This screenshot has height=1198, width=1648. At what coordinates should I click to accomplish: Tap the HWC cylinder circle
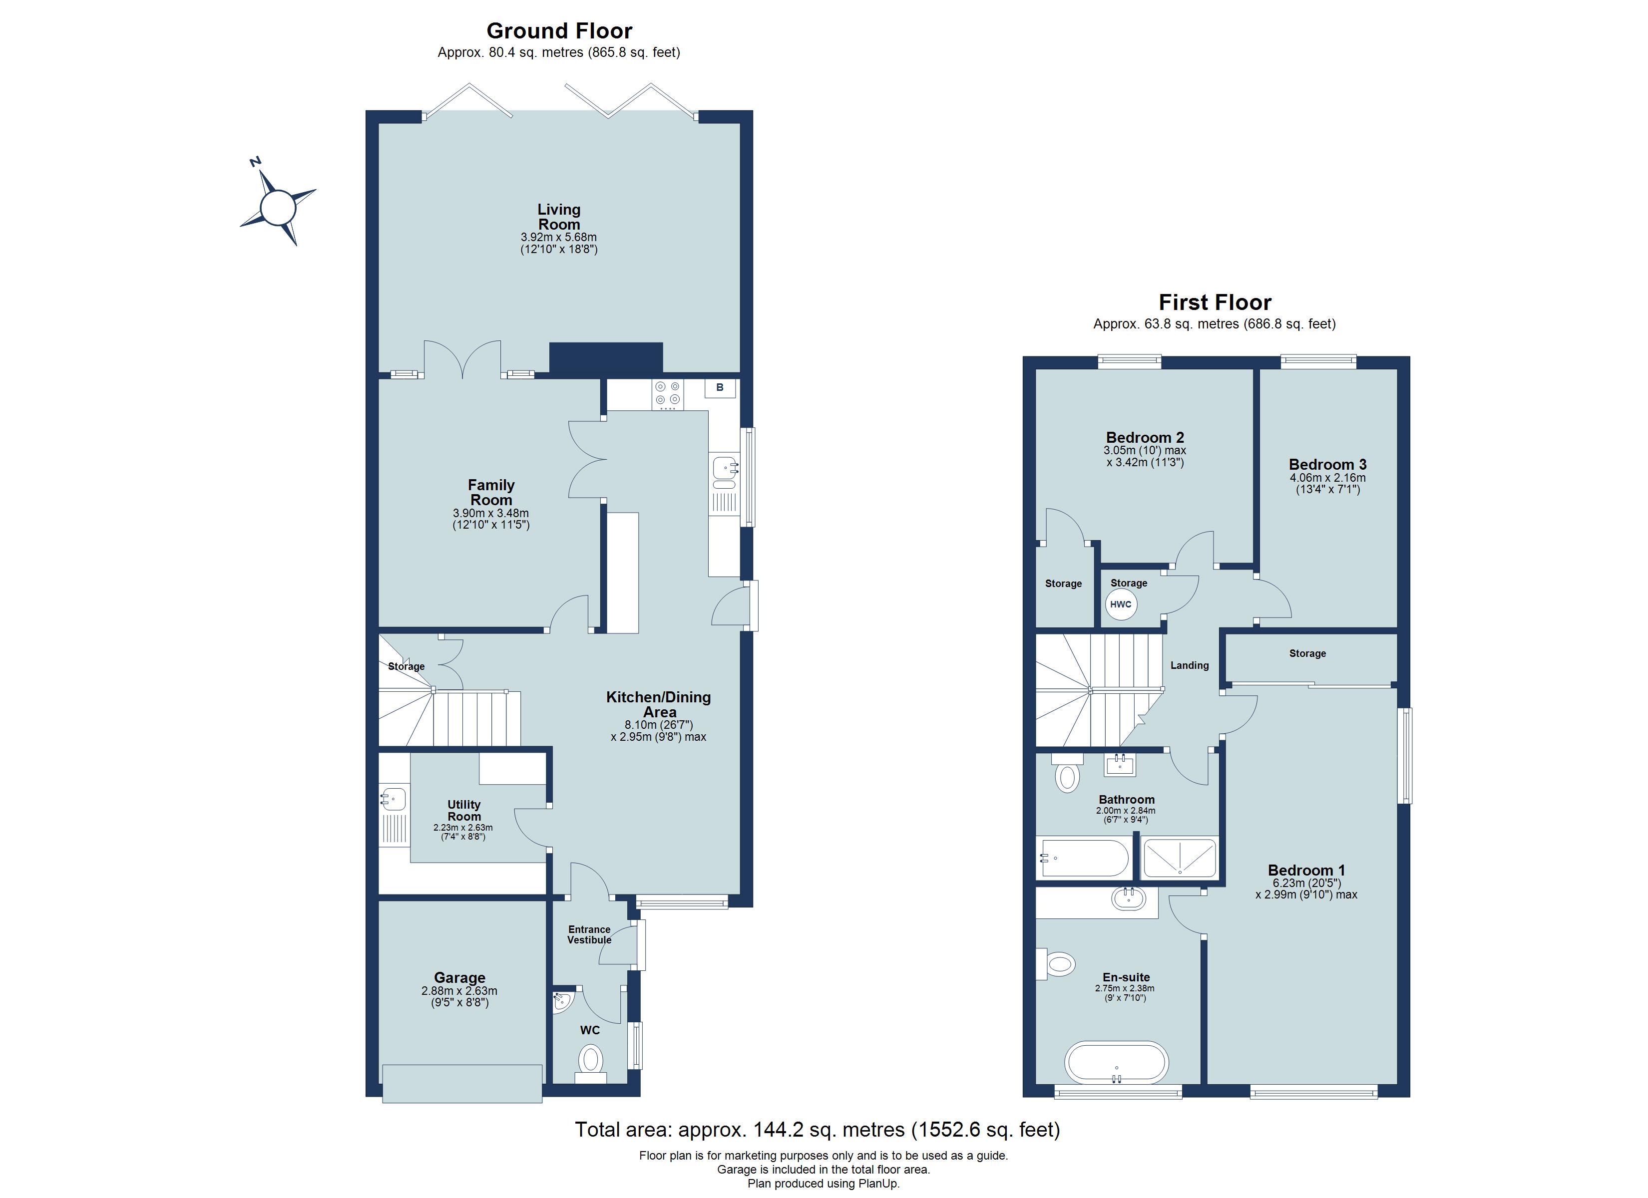coord(1121,603)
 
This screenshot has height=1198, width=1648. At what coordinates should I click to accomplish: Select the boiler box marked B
coord(719,387)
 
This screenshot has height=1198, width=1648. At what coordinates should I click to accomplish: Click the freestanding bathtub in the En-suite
coord(1116,1062)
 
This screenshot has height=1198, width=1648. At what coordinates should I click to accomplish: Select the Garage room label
coord(459,978)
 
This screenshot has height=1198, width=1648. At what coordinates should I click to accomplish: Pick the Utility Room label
coord(463,810)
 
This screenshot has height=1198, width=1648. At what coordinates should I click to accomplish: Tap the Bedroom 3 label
coord(1327,464)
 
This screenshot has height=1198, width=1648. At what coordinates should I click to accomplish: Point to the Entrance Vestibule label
coord(589,934)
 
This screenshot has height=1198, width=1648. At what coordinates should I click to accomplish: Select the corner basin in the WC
coord(562,1002)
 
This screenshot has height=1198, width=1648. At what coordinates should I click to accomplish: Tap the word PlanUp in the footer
coord(878,1184)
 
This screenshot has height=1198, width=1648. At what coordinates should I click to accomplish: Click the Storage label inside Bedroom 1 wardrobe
coord(1307,653)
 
